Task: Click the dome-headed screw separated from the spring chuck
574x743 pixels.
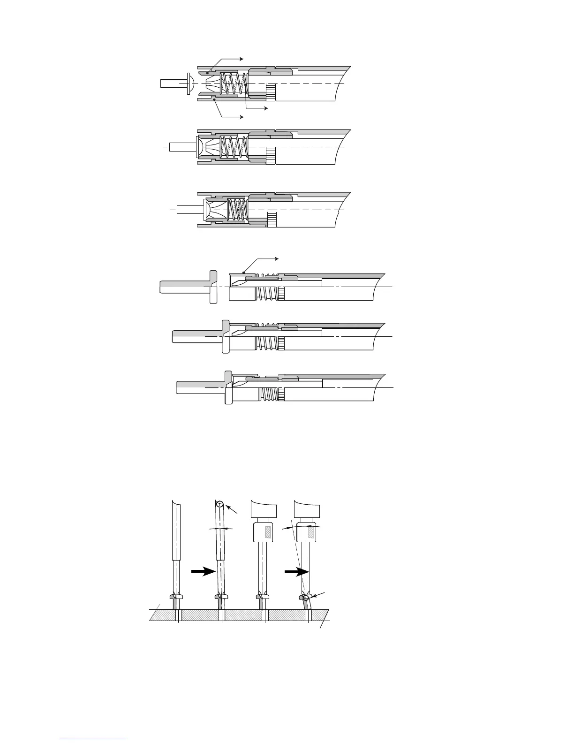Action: click(189, 83)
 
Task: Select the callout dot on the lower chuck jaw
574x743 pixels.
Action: click(214, 99)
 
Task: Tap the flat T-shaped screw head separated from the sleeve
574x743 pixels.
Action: click(213, 286)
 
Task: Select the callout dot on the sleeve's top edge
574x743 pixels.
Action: click(243, 273)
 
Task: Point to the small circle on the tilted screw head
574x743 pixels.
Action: click(306, 598)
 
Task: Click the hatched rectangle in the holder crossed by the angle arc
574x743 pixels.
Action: click(310, 531)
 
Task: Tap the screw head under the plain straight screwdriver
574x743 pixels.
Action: click(176, 597)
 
